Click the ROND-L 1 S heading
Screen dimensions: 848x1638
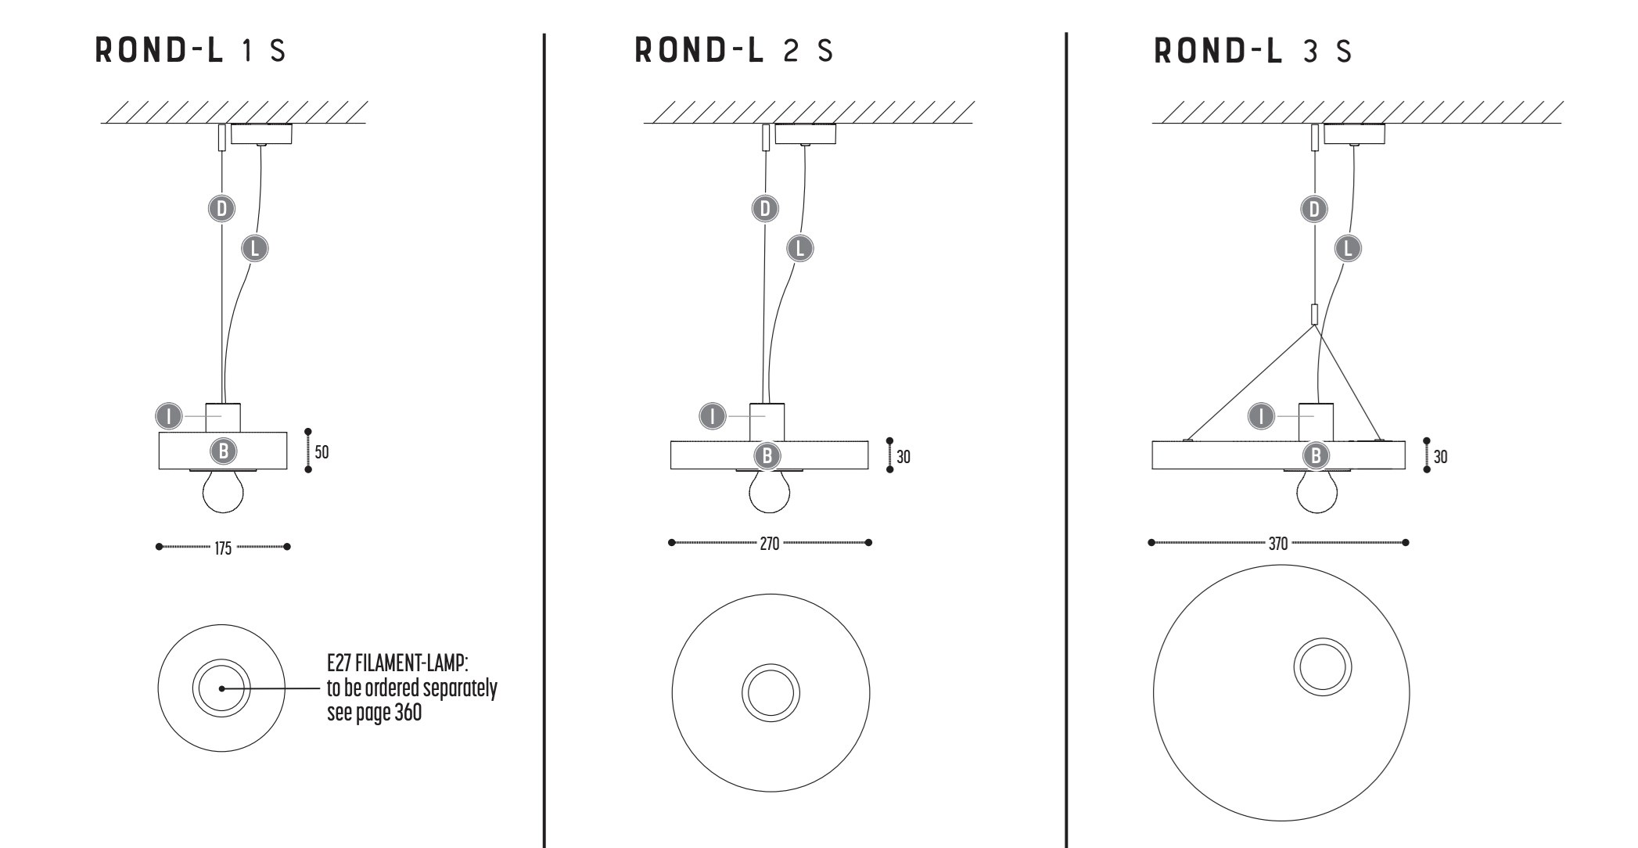[x=190, y=52]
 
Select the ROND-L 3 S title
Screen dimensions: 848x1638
[x=1252, y=52]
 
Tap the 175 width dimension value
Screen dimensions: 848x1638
[x=223, y=548]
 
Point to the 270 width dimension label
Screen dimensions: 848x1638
[x=770, y=544]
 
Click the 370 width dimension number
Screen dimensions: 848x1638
[x=1277, y=544]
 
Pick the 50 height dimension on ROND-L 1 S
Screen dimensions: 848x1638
[x=321, y=452]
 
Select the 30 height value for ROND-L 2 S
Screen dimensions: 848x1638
[x=903, y=457]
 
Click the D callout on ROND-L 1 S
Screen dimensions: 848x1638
[x=222, y=209]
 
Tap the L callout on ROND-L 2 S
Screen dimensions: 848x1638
[x=799, y=248]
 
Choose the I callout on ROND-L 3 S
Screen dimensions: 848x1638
[x=1261, y=416]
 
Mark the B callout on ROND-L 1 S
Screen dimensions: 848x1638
[x=224, y=451]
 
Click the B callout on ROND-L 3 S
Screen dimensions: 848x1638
[x=1316, y=455]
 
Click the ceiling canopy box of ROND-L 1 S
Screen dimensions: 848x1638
[x=261, y=134]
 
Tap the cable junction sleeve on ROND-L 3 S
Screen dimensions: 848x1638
[x=1314, y=314]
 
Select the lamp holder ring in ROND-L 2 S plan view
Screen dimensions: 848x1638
[x=771, y=692]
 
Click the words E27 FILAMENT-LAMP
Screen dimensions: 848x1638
[x=397, y=664]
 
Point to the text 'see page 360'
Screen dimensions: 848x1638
[x=374, y=713]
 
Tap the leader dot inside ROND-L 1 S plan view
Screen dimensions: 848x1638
[x=222, y=688]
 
